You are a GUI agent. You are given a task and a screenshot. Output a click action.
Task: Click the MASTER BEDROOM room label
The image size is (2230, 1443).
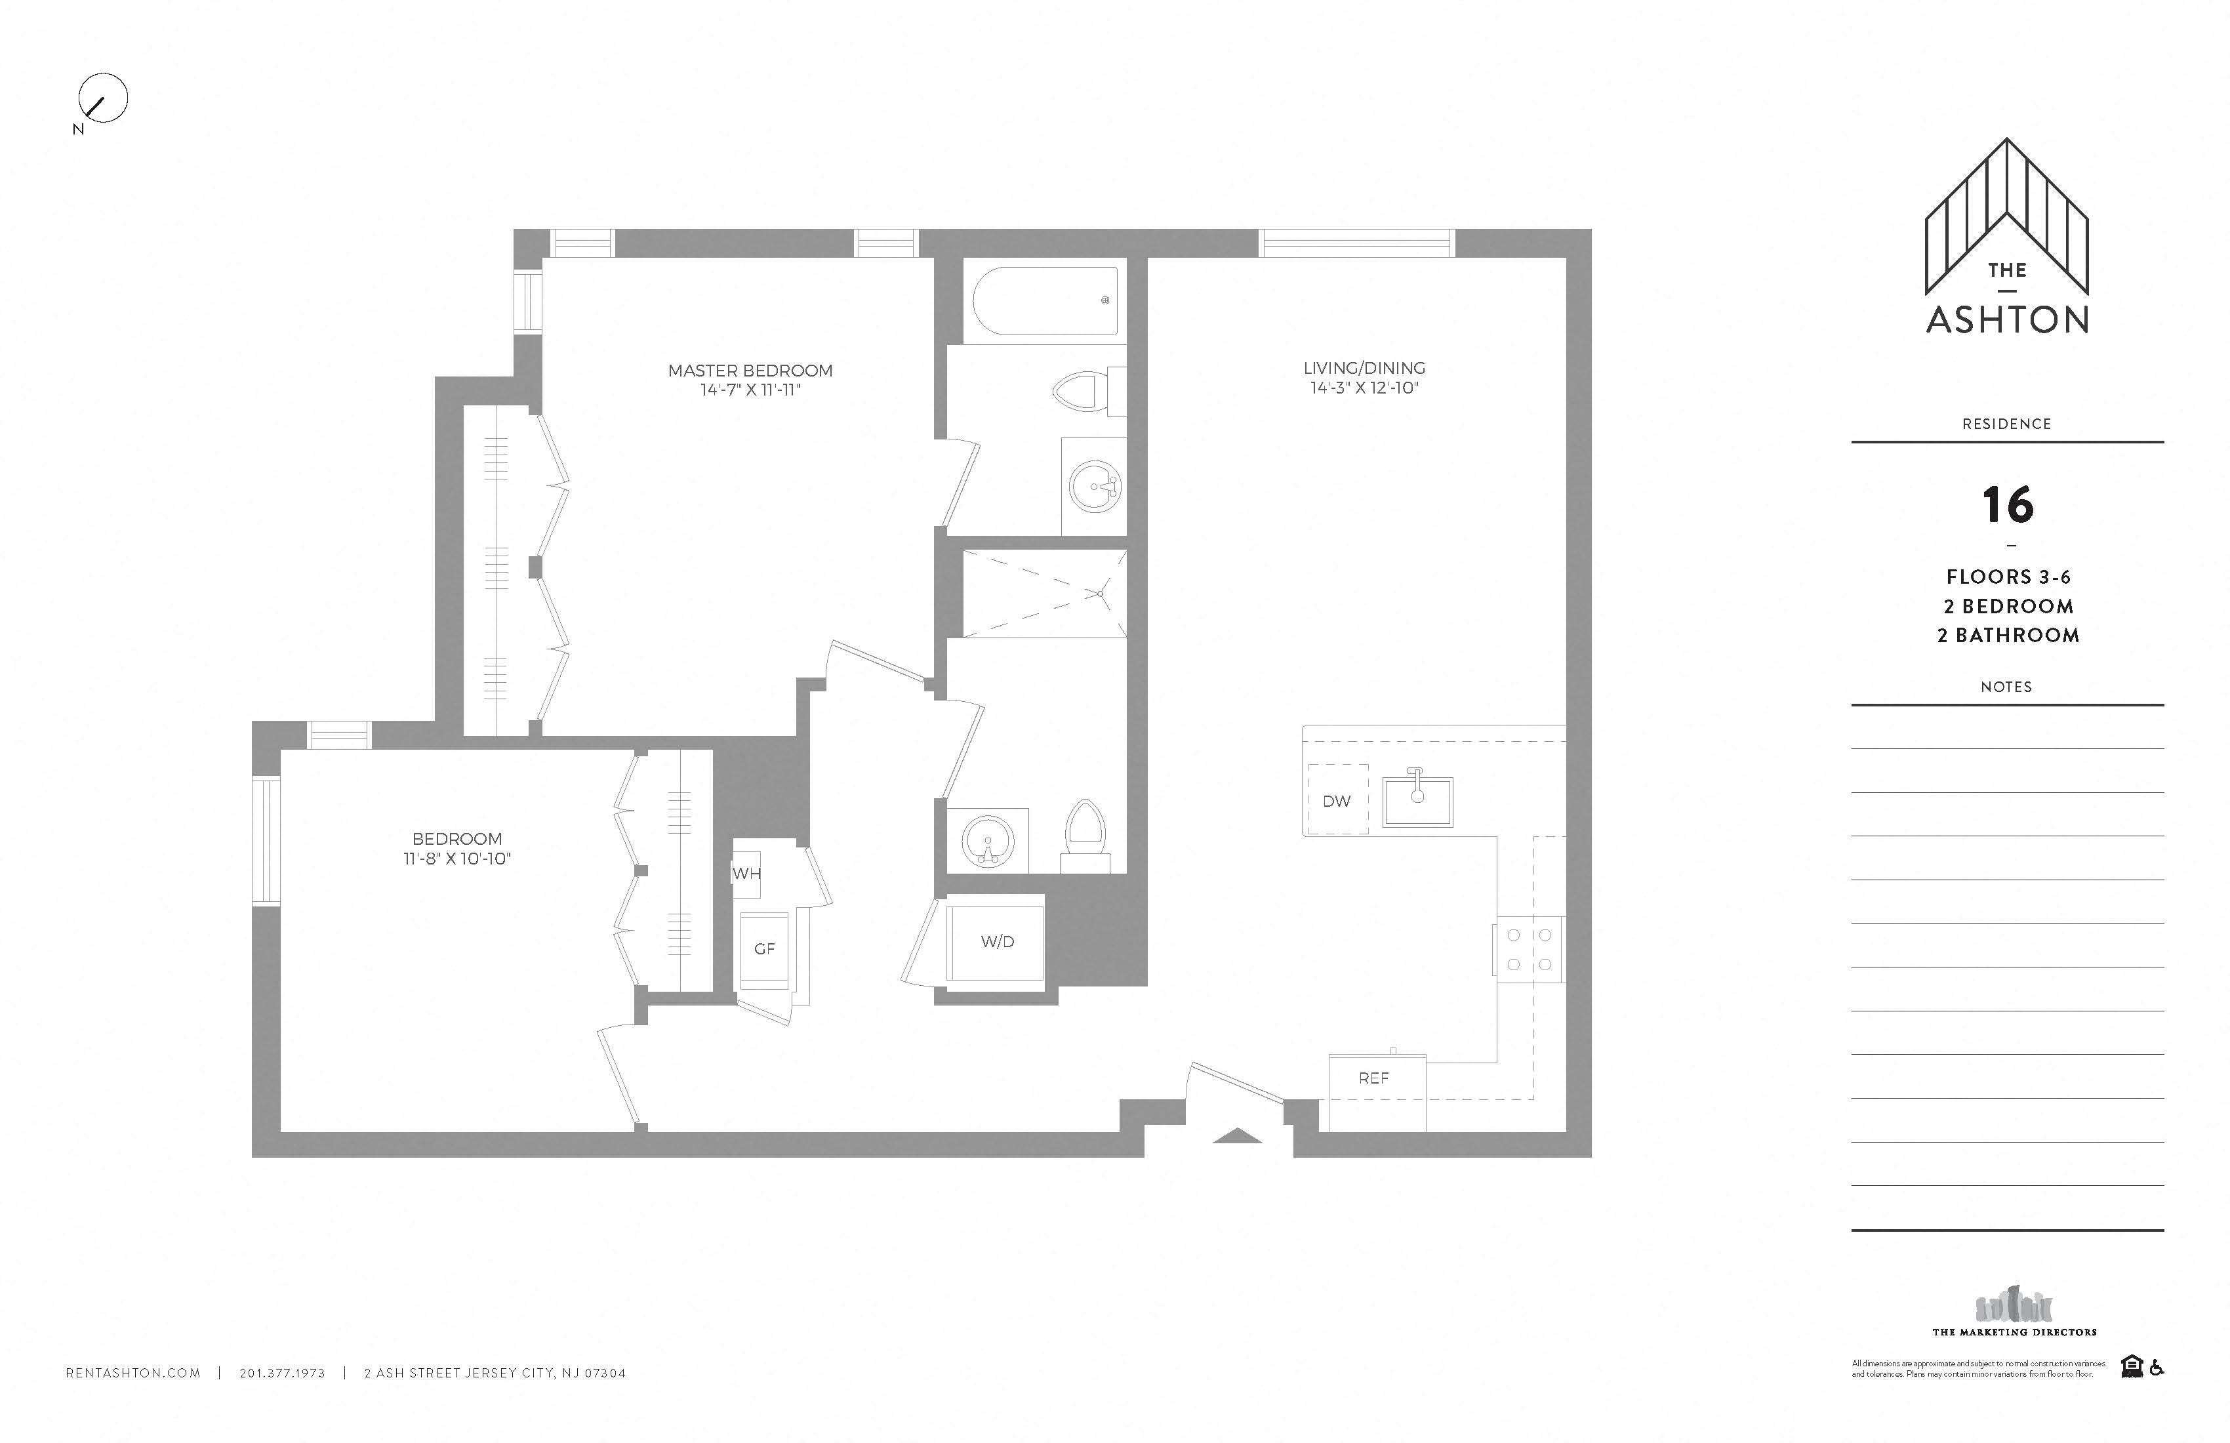coord(750,370)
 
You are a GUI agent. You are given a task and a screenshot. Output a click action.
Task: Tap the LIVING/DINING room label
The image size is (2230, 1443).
coord(1364,368)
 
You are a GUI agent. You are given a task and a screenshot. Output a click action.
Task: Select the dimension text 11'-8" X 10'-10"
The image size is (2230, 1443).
coord(457,859)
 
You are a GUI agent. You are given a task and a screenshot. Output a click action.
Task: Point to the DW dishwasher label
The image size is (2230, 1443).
coord(1336,801)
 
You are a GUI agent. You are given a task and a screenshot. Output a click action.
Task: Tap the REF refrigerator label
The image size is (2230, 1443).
coord(1373,1078)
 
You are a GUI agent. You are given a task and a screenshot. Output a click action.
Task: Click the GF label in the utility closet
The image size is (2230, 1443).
coord(765,949)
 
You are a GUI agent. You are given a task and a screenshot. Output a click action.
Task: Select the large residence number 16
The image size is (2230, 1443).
coord(2007,505)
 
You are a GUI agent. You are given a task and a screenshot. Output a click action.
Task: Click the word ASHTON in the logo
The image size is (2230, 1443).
coord(2007,319)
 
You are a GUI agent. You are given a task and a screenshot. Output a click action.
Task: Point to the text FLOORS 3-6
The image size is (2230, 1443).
coord(2008,577)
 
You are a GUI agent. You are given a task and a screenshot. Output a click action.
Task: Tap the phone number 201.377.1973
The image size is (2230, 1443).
coord(282,1373)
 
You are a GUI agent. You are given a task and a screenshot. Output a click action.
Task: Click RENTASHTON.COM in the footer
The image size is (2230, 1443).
coord(133,1373)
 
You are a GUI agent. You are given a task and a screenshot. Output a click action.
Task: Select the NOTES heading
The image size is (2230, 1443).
coord(2006,687)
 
